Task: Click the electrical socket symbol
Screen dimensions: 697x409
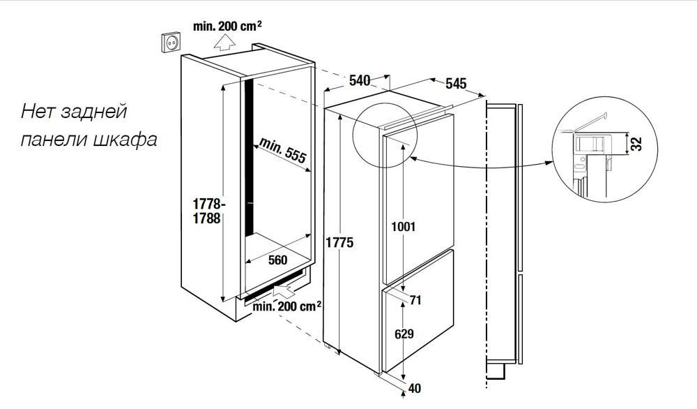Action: (171, 42)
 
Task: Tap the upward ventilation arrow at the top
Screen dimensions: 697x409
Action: (224, 43)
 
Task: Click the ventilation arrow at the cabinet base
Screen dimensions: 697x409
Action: (284, 291)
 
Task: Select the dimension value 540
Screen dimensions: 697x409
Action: (360, 80)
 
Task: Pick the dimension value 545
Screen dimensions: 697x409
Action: (456, 83)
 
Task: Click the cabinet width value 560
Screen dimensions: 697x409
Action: (277, 260)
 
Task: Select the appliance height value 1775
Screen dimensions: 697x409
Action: (339, 243)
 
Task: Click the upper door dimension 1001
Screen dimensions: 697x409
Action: (403, 227)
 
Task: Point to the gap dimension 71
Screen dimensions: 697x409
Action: (415, 300)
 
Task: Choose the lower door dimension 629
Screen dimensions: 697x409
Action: (404, 334)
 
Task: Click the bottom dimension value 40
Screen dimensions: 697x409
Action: (414, 389)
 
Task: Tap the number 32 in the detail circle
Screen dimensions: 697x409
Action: (636, 144)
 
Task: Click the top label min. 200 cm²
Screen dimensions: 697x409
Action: (227, 26)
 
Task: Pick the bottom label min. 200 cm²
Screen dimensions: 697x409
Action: (287, 306)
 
